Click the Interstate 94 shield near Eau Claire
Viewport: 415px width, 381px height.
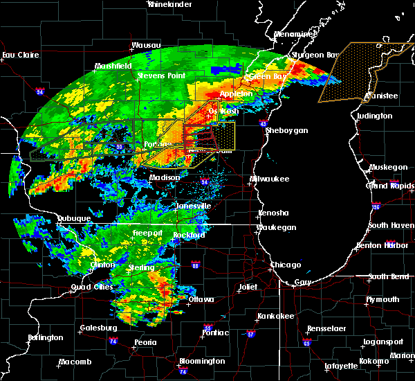tap(40, 91)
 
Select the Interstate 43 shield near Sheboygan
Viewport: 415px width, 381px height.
tap(264, 123)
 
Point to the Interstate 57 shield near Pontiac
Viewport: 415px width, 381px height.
tap(250, 335)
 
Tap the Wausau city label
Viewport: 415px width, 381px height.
tap(146, 46)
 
